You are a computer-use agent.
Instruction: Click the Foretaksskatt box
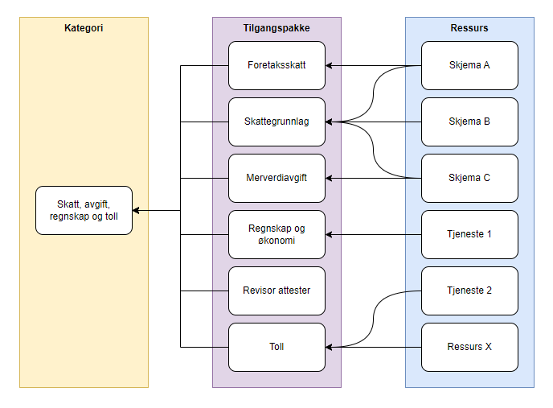[x=276, y=65]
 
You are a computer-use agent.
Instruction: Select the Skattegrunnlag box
[x=276, y=122]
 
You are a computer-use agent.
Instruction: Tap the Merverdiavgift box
[x=276, y=178]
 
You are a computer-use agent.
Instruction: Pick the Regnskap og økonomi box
[x=276, y=234]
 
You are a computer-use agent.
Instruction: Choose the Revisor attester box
[x=276, y=291]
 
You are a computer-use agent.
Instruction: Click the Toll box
[x=276, y=347]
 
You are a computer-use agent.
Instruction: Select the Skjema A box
[x=469, y=65]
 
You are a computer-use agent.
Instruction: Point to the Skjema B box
[x=469, y=122]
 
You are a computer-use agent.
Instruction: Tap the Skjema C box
[x=469, y=178]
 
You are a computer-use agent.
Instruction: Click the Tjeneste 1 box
[x=469, y=234]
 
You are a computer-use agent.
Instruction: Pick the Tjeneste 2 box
[x=469, y=291]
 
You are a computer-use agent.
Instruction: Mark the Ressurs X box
[x=469, y=347]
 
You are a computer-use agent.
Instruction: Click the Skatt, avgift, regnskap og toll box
[x=84, y=210]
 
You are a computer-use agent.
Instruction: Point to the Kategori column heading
[x=84, y=28]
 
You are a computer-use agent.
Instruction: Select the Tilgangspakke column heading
[x=276, y=28]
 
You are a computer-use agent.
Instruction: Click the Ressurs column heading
[x=469, y=28]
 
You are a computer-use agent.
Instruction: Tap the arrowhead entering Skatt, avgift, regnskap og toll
[x=136, y=210]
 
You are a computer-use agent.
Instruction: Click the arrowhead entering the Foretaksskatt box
[x=329, y=66]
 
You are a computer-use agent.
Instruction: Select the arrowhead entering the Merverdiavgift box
[x=329, y=178]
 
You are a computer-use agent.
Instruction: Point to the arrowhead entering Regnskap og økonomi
[x=329, y=234]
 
